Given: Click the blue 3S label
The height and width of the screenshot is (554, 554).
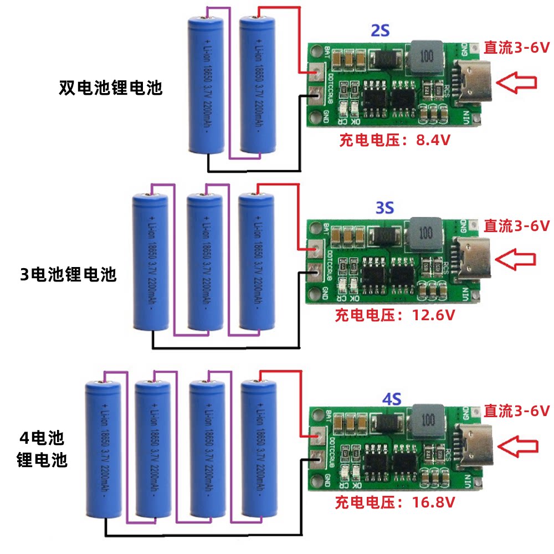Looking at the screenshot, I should click(x=384, y=208).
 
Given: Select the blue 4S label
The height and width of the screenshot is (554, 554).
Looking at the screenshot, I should click(x=392, y=398).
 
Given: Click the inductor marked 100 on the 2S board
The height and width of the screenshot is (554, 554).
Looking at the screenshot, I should click(x=427, y=57).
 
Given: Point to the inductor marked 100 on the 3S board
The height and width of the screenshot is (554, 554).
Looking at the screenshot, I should click(x=426, y=233).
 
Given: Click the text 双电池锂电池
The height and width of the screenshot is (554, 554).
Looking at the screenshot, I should click(x=111, y=88).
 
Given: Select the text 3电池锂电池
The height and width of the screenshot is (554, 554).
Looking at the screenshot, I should click(x=69, y=274).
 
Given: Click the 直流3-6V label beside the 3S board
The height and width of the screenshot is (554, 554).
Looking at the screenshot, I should click(x=516, y=225).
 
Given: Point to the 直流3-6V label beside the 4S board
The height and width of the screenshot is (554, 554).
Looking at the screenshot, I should click(x=516, y=411).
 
